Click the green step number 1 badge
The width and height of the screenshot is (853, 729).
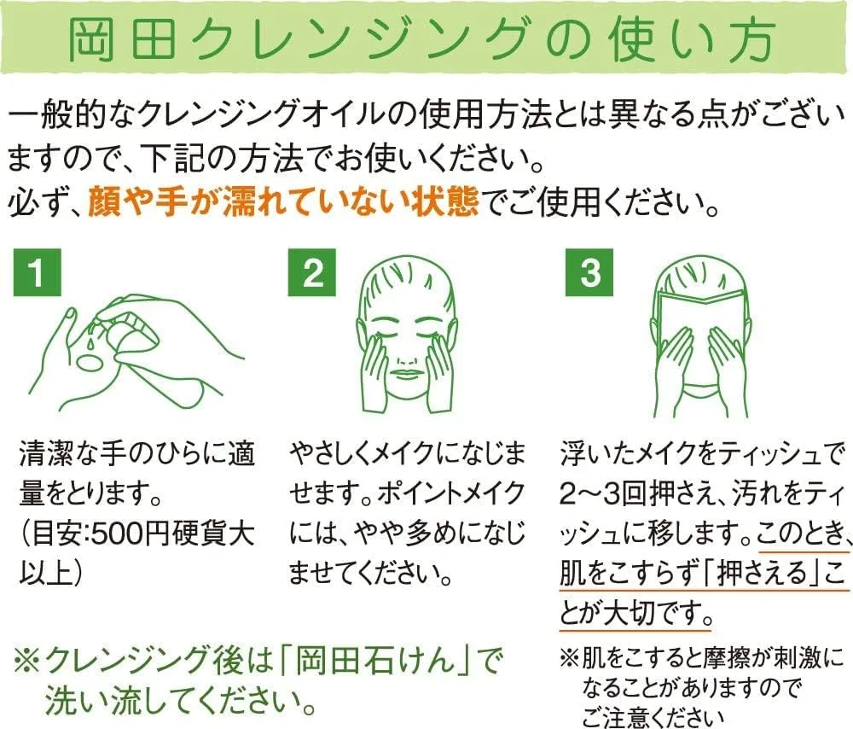tap(37, 272)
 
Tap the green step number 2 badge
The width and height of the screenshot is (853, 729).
tap(311, 272)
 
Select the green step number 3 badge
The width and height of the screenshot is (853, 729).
tap(589, 272)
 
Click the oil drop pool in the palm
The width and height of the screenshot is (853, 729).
tap(90, 362)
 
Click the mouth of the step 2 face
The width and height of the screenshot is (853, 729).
tap(407, 375)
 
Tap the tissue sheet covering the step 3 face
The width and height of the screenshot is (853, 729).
tap(700, 337)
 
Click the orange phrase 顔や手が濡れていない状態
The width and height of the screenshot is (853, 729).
tap(283, 201)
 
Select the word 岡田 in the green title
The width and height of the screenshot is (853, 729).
tap(123, 40)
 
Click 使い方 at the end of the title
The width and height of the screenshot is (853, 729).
tap(692, 40)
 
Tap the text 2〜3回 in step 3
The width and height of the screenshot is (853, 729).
tap(602, 493)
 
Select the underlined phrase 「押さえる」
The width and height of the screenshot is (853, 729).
tap(759, 574)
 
